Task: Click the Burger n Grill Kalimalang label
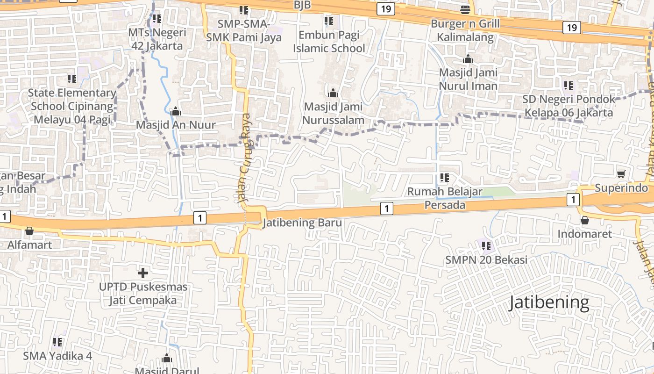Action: click(465, 30)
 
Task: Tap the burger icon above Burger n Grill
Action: click(465, 9)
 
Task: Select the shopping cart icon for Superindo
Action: click(621, 174)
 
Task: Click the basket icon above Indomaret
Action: click(584, 220)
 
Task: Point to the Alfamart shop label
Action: click(29, 245)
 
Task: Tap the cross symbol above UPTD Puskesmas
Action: click(143, 273)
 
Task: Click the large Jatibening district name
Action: click(549, 302)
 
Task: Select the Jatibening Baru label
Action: click(302, 223)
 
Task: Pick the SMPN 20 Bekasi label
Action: click(486, 260)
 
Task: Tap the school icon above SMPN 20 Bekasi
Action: click(486, 245)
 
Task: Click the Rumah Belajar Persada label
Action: click(445, 198)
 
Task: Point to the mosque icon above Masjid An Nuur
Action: click(176, 111)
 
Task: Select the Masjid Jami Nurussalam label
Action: click(333, 114)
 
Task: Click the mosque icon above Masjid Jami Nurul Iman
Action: click(468, 59)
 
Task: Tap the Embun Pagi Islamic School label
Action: click(329, 42)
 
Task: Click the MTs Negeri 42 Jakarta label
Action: click(157, 39)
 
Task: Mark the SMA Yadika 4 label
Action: click(57, 356)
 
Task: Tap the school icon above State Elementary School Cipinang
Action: click(71, 79)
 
